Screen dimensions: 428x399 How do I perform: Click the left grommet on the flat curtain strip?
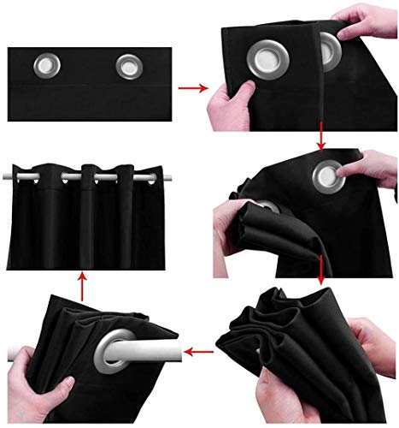44,64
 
